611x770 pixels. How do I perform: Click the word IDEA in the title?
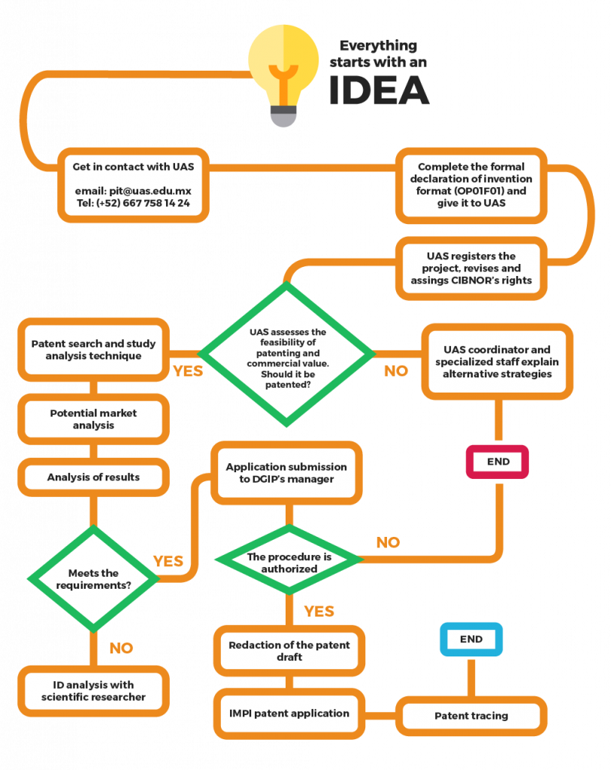point(379,91)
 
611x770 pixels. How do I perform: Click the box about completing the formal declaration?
point(471,185)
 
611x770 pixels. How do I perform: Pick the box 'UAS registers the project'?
point(471,268)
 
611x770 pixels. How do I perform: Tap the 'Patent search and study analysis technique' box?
point(93,350)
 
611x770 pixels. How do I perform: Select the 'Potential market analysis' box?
point(93,419)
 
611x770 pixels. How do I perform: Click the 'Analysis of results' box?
point(93,477)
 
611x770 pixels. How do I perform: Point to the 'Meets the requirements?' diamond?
point(93,579)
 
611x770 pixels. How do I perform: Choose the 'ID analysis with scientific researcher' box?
point(93,690)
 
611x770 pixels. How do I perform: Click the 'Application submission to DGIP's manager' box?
point(286,473)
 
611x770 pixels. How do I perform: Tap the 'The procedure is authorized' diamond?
point(289,562)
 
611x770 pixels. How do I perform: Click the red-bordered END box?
point(498,462)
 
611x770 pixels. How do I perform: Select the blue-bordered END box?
point(470,639)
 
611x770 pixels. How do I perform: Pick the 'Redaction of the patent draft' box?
point(289,651)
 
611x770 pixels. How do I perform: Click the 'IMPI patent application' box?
point(289,712)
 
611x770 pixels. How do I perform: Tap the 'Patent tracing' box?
point(471,716)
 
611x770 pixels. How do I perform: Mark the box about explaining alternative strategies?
point(497,361)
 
